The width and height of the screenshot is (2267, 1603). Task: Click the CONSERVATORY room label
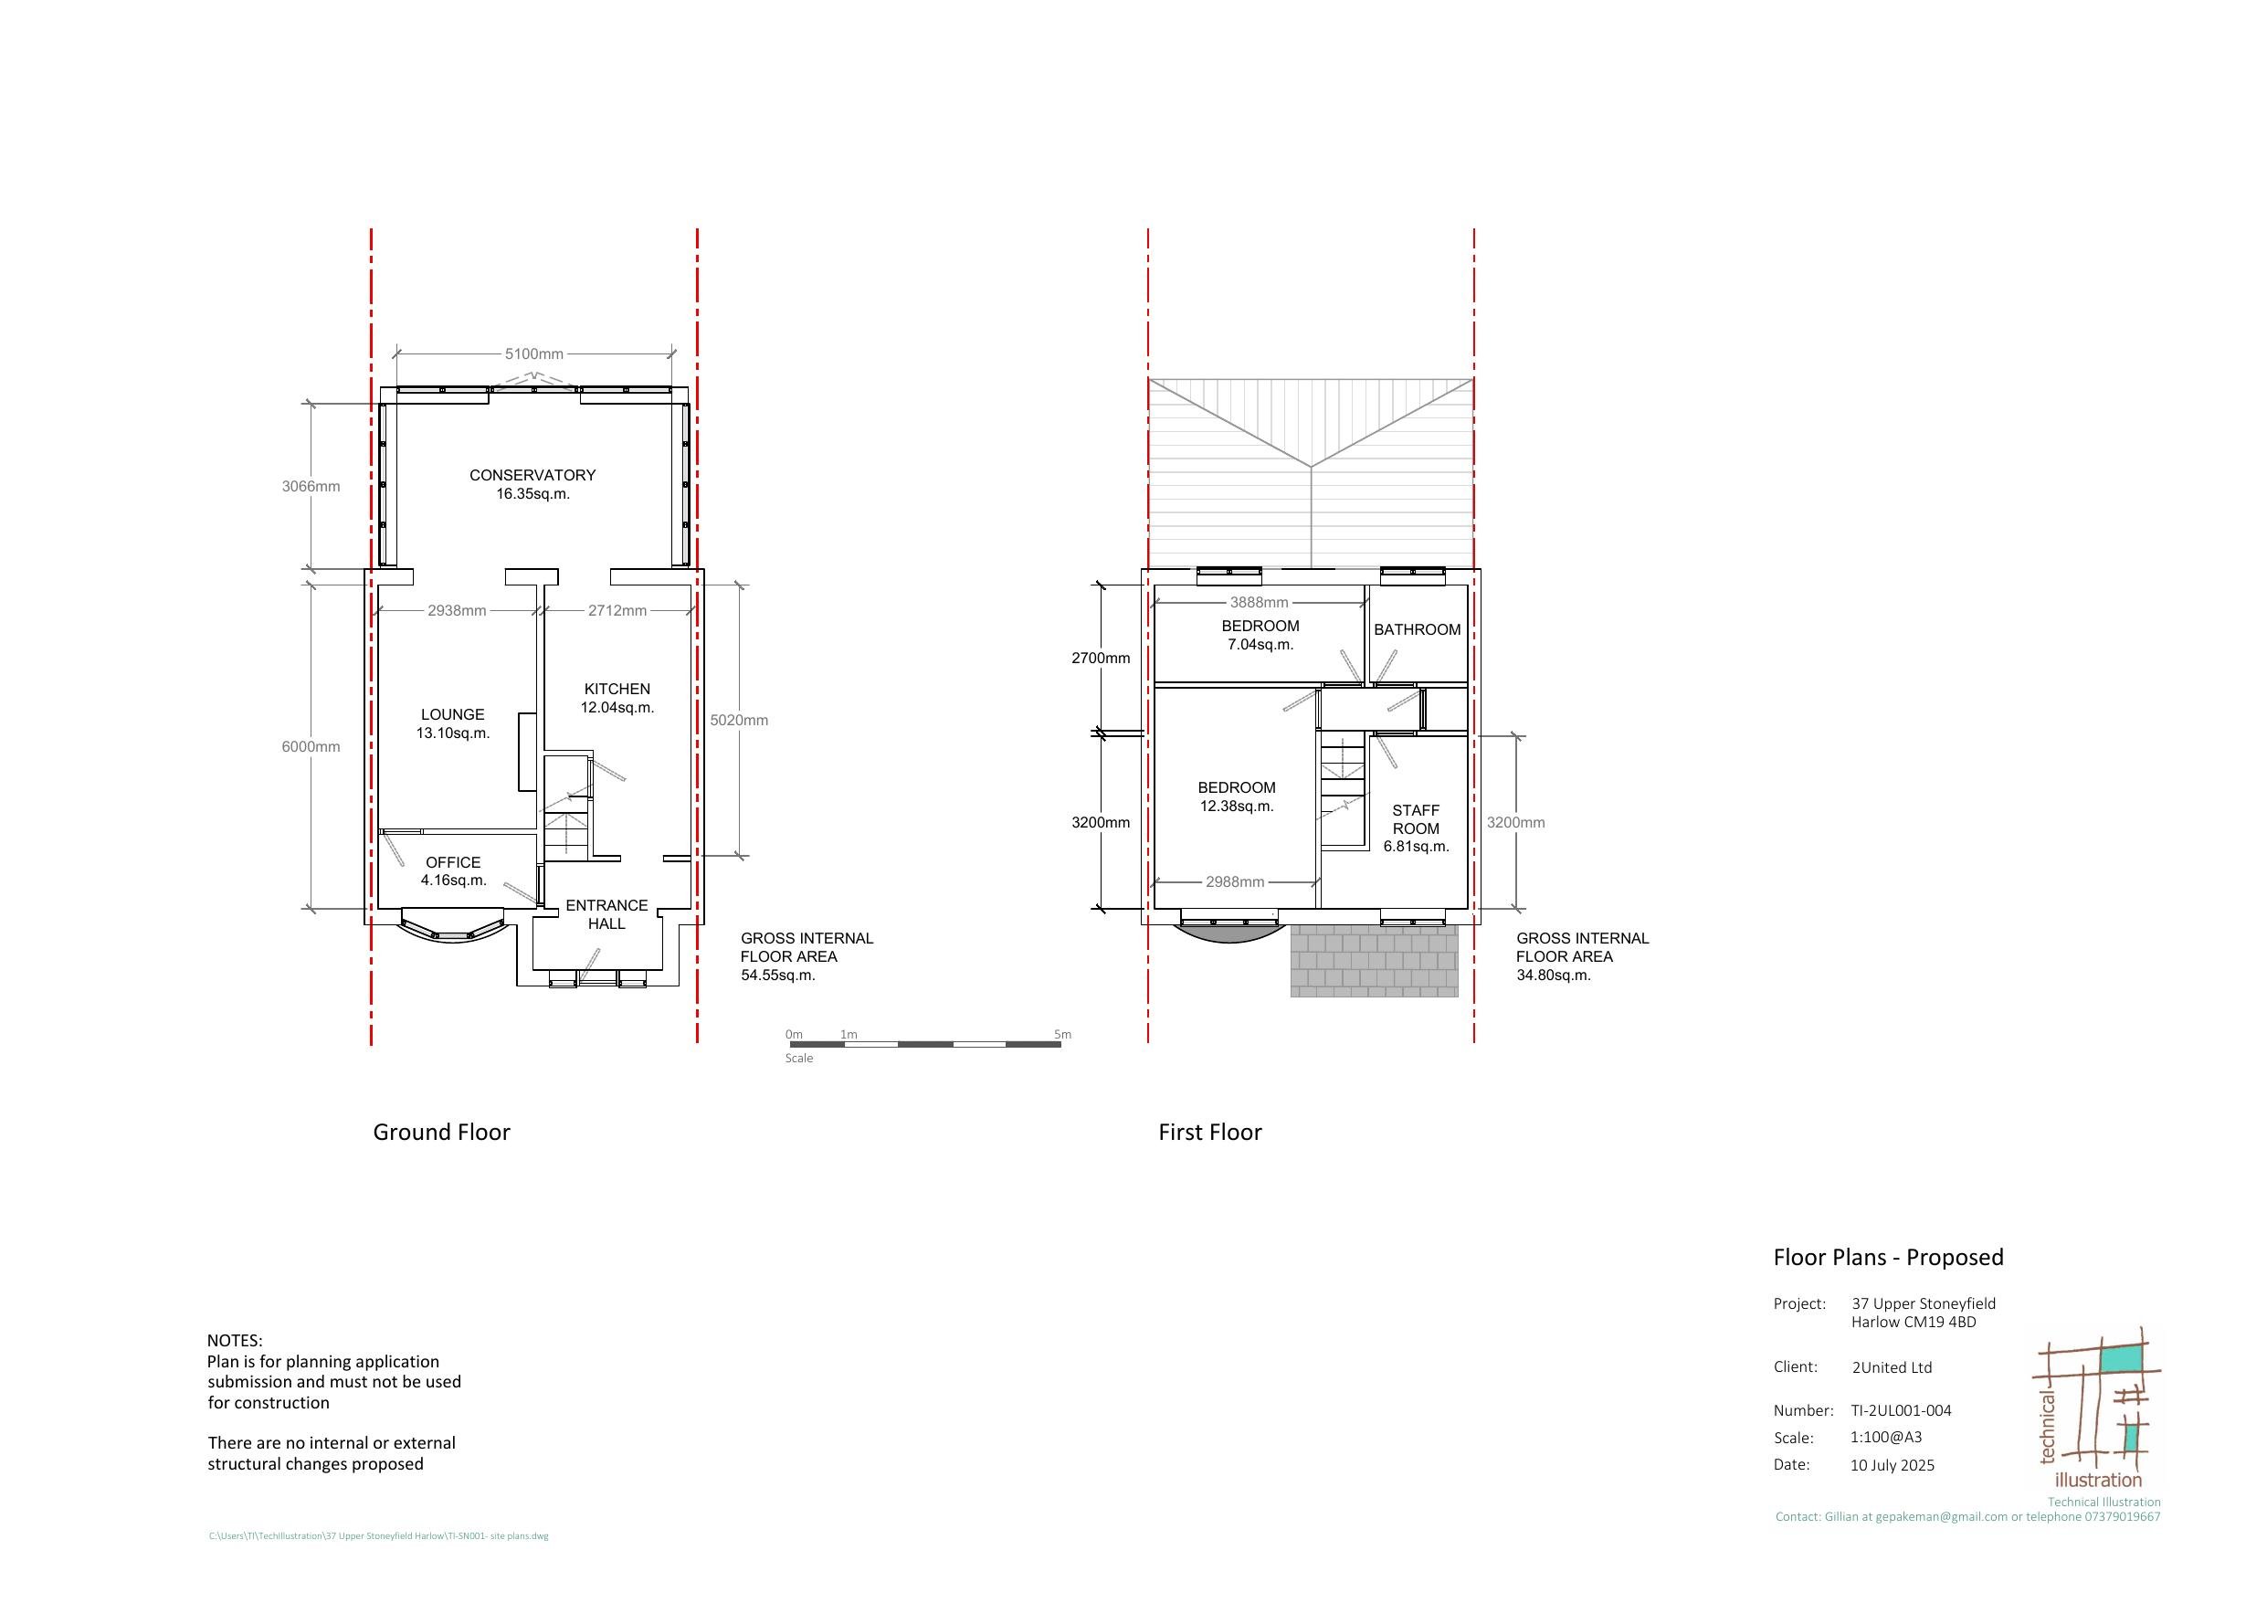tap(532, 475)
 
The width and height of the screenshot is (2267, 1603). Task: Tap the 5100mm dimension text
tap(534, 353)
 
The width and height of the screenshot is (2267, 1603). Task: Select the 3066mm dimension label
tap(311, 486)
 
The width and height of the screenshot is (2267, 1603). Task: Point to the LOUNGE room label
tap(452, 714)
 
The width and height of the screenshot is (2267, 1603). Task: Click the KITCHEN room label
tap(617, 689)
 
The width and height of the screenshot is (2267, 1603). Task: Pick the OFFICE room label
tap(453, 862)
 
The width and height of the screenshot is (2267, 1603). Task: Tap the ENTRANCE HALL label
tap(606, 914)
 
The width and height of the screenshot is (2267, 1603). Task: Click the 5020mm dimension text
tap(739, 720)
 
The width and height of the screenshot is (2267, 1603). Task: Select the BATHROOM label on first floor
tap(1417, 629)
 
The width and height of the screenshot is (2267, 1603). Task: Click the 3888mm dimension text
tap(1259, 603)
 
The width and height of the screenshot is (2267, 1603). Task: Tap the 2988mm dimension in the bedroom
tap(1234, 882)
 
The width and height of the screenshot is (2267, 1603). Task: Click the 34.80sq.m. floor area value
tap(1555, 975)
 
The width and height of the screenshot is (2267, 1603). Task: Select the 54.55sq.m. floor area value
tap(778, 975)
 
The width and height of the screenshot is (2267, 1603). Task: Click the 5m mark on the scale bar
tap(1061, 1035)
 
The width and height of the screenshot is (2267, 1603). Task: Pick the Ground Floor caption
tap(441, 1132)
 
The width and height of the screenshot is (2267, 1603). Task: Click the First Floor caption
tap(1209, 1132)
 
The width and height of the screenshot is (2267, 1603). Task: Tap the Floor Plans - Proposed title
tap(1888, 1258)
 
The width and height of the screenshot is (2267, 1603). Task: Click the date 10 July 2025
tap(1892, 1465)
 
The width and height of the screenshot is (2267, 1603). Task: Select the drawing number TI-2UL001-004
tap(1901, 1410)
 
